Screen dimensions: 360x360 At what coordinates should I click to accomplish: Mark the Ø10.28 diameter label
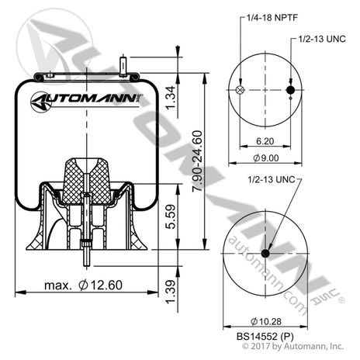click(x=265, y=321)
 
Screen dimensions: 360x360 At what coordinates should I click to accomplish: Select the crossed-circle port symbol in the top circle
click(x=239, y=91)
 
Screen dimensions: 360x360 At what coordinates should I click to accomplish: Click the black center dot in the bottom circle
click(x=265, y=253)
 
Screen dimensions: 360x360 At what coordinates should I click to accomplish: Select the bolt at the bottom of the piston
click(x=85, y=252)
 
